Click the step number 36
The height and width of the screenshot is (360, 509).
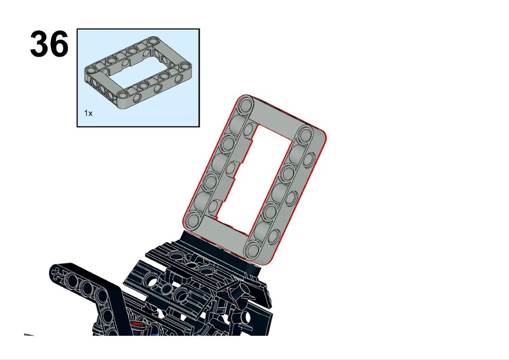tap(50, 44)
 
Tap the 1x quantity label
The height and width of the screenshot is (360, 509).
tap(88, 113)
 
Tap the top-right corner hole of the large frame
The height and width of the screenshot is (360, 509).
tap(305, 134)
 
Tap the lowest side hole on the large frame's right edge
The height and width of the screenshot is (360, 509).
tap(274, 236)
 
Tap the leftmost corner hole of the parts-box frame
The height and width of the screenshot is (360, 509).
tap(90, 69)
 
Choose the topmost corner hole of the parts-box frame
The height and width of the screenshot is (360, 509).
tap(152, 41)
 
